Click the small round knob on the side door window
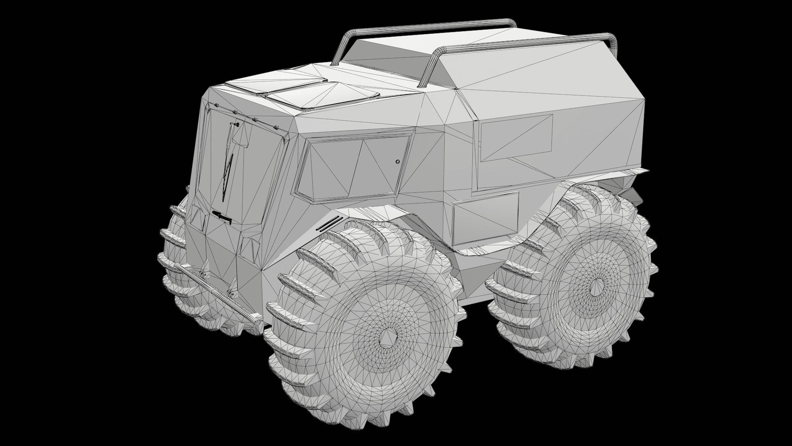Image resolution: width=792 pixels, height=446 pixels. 397,161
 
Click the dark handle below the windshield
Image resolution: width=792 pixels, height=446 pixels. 222,216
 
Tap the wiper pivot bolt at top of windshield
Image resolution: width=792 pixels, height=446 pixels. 236,123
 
